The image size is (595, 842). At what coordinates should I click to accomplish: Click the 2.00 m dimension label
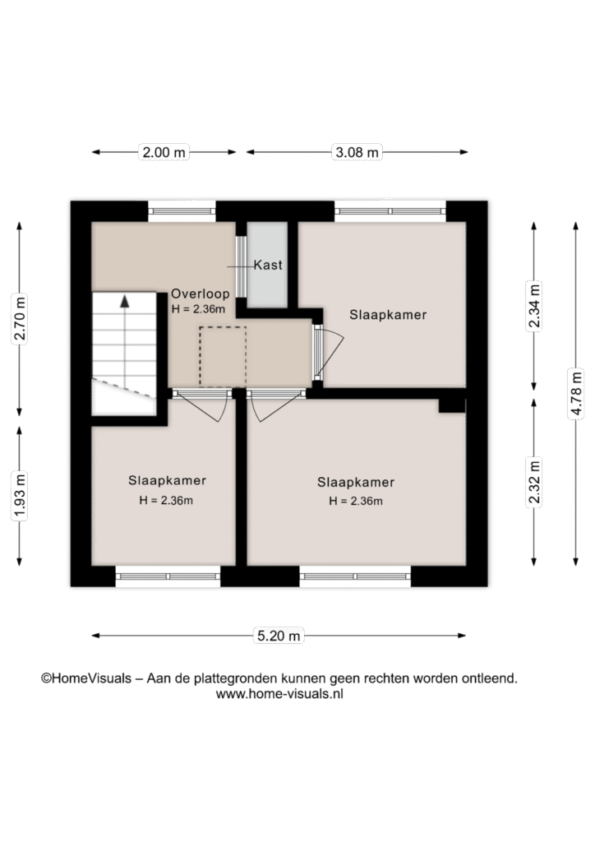click(164, 152)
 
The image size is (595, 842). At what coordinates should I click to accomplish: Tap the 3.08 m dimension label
click(357, 152)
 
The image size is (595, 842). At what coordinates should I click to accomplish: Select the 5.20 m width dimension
click(279, 636)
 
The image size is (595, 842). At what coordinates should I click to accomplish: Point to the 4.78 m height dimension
click(576, 393)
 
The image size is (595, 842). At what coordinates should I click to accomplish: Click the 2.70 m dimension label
click(20, 318)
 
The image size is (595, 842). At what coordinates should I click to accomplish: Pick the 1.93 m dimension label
click(20, 496)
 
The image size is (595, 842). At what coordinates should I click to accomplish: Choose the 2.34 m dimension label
click(534, 306)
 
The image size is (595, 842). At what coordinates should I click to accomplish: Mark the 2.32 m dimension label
click(534, 482)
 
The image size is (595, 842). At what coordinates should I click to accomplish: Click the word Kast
click(268, 265)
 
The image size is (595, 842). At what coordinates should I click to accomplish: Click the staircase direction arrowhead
click(125, 301)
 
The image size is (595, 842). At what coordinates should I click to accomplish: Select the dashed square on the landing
click(223, 357)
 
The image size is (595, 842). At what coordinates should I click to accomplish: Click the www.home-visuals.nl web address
click(279, 694)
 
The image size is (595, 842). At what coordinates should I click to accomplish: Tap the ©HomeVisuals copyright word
click(86, 678)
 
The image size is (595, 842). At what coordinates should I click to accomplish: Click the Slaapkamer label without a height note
click(388, 315)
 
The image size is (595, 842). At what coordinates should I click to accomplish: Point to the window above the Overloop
click(182, 211)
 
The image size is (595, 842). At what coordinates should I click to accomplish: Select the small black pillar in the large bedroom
click(452, 405)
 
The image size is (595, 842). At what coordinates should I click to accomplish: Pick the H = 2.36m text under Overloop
click(198, 309)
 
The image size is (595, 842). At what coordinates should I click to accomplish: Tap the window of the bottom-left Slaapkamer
click(168, 576)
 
